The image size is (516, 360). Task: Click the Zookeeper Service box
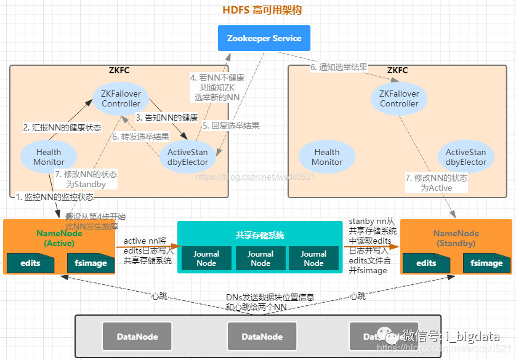coord(264,38)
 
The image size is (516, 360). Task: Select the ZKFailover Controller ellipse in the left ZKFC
coord(121,99)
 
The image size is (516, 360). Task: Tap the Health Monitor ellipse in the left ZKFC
coord(49,157)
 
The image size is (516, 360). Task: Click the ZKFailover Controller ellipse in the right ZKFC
coord(399,99)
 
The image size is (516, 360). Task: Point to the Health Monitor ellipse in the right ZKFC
coord(327,157)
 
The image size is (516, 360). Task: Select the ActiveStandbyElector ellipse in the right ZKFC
coord(466,157)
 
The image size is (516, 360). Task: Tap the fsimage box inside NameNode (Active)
coord(91,263)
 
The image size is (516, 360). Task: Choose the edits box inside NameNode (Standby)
coord(426,263)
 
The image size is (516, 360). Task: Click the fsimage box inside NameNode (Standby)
coord(486,263)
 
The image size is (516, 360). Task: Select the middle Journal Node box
coord(260,258)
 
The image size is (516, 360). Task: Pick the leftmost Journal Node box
coord(206,258)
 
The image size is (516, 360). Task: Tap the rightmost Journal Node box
coord(313,258)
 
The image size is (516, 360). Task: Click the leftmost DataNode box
coord(138,337)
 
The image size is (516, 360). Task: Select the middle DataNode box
coord(262,337)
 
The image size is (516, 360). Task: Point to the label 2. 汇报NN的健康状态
coord(62,127)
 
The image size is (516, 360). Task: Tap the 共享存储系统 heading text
coord(259,235)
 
